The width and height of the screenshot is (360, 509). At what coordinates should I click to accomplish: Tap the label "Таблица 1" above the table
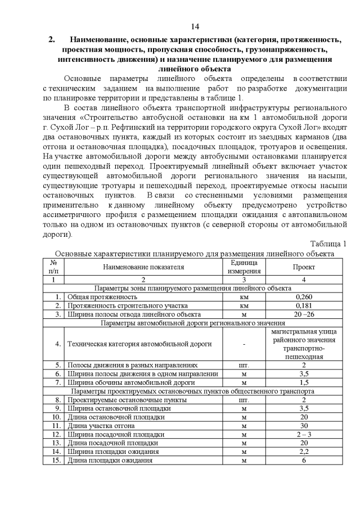(x=328, y=244)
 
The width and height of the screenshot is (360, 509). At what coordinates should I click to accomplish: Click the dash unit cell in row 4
(x=244, y=344)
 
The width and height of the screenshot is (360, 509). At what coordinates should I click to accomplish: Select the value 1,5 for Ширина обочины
(x=304, y=382)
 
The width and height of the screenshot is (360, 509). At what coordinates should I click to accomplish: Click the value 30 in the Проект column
(x=304, y=426)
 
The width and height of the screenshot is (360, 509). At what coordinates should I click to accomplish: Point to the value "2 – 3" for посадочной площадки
(x=304, y=435)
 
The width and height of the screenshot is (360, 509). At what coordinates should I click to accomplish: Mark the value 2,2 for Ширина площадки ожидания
(x=304, y=452)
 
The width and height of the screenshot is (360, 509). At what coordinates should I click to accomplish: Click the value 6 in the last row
(x=304, y=461)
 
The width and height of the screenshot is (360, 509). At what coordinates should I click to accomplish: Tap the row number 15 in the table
(x=56, y=461)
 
